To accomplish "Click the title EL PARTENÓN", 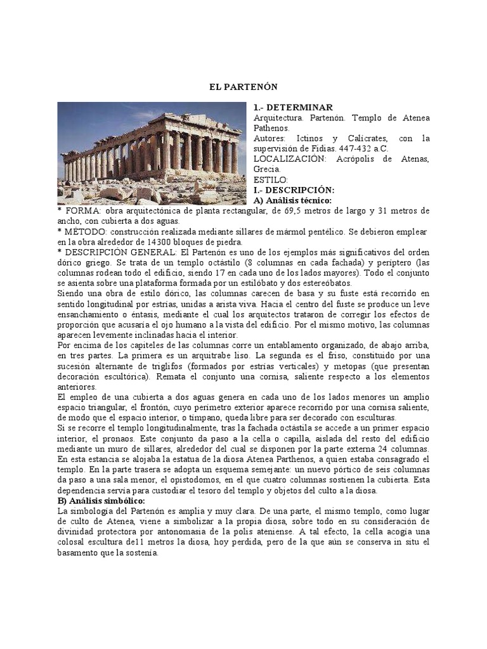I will [243, 86].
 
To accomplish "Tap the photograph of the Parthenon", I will [151, 153].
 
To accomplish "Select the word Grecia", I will [267, 169].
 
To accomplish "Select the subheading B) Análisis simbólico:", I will [101, 500].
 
